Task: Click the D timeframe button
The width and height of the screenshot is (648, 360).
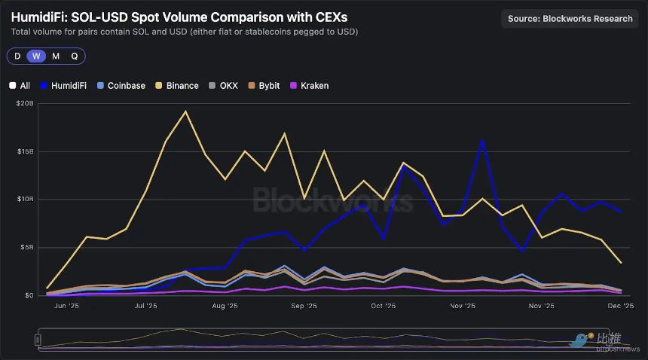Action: (17, 56)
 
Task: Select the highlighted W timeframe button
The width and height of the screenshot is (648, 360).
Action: (35, 56)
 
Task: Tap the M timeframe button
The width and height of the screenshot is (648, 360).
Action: (56, 56)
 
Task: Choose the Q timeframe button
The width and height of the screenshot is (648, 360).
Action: (75, 56)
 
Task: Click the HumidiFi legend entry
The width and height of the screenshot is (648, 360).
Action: (66, 86)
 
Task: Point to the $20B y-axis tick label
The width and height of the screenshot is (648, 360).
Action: (24, 104)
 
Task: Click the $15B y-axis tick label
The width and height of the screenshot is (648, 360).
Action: (24, 151)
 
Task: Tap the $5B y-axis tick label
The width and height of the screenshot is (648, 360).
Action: (26, 247)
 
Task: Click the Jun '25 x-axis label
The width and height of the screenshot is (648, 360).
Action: (66, 307)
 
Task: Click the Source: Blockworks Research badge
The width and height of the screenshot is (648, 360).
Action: (570, 19)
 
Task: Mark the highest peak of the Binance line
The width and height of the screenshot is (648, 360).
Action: (185, 111)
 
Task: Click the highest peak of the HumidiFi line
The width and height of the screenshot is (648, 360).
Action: (482, 140)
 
